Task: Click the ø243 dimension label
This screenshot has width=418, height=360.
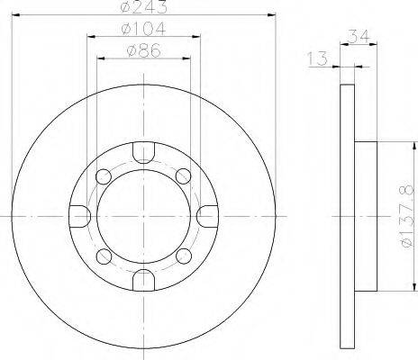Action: [143, 6]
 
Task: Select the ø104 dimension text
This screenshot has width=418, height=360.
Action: [143, 29]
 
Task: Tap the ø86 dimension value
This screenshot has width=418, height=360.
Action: [144, 50]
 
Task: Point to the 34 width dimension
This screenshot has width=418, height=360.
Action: [359, 37]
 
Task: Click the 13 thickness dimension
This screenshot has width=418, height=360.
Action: [317, 58]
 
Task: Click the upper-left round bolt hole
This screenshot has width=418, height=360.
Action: [104, 176]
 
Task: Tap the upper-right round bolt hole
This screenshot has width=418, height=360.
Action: [183, 176]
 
